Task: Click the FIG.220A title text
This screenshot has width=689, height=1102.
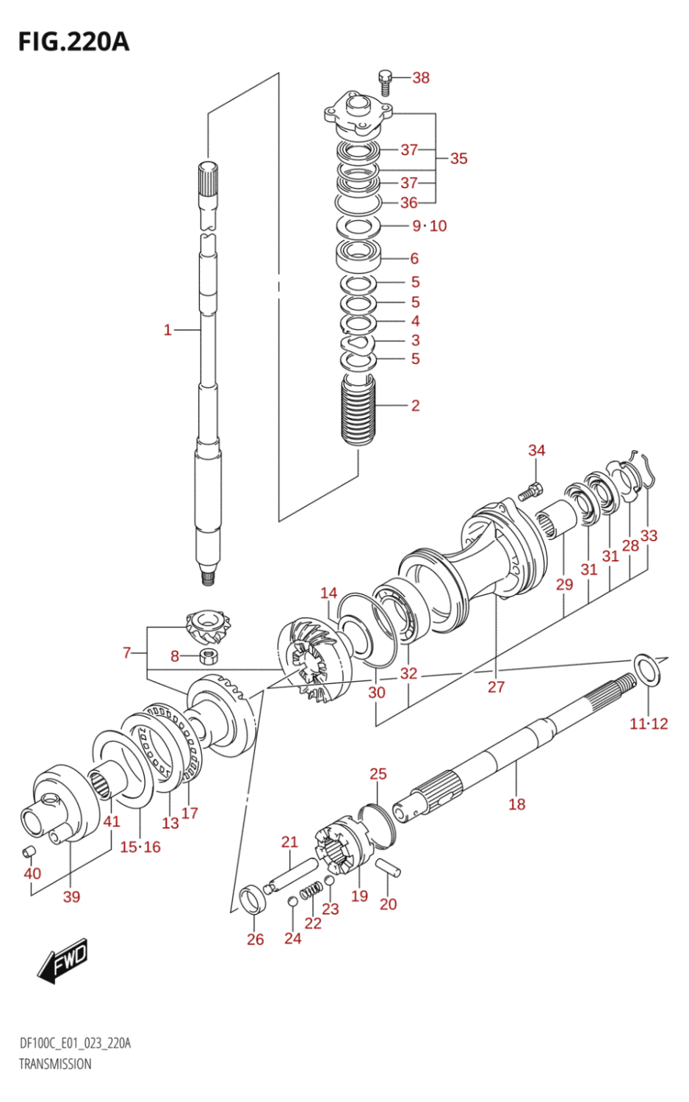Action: coord(73,42)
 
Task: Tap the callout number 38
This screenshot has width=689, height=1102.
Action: coord(421,78)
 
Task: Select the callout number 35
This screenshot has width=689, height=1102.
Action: coord(458,159)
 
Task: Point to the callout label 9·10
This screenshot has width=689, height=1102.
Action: coord(429,226)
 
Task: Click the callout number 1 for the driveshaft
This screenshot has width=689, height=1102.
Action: coord(167,331)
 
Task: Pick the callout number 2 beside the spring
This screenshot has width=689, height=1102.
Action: coord(415,406)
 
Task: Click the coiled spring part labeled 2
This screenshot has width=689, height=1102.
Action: coord(359,411)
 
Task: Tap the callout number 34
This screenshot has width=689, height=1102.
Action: coord(537,450)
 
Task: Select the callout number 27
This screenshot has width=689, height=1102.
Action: coord(497,687)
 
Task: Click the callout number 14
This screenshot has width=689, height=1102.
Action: coord(328,593)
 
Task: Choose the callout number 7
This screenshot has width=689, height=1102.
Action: coord(126,652)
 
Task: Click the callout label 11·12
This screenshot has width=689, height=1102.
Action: coord(649,724)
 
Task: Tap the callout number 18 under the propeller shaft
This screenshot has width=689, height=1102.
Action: coord(517,804)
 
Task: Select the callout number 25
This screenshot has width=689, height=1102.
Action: coord(378,774)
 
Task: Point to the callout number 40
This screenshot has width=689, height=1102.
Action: coord(32,874)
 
